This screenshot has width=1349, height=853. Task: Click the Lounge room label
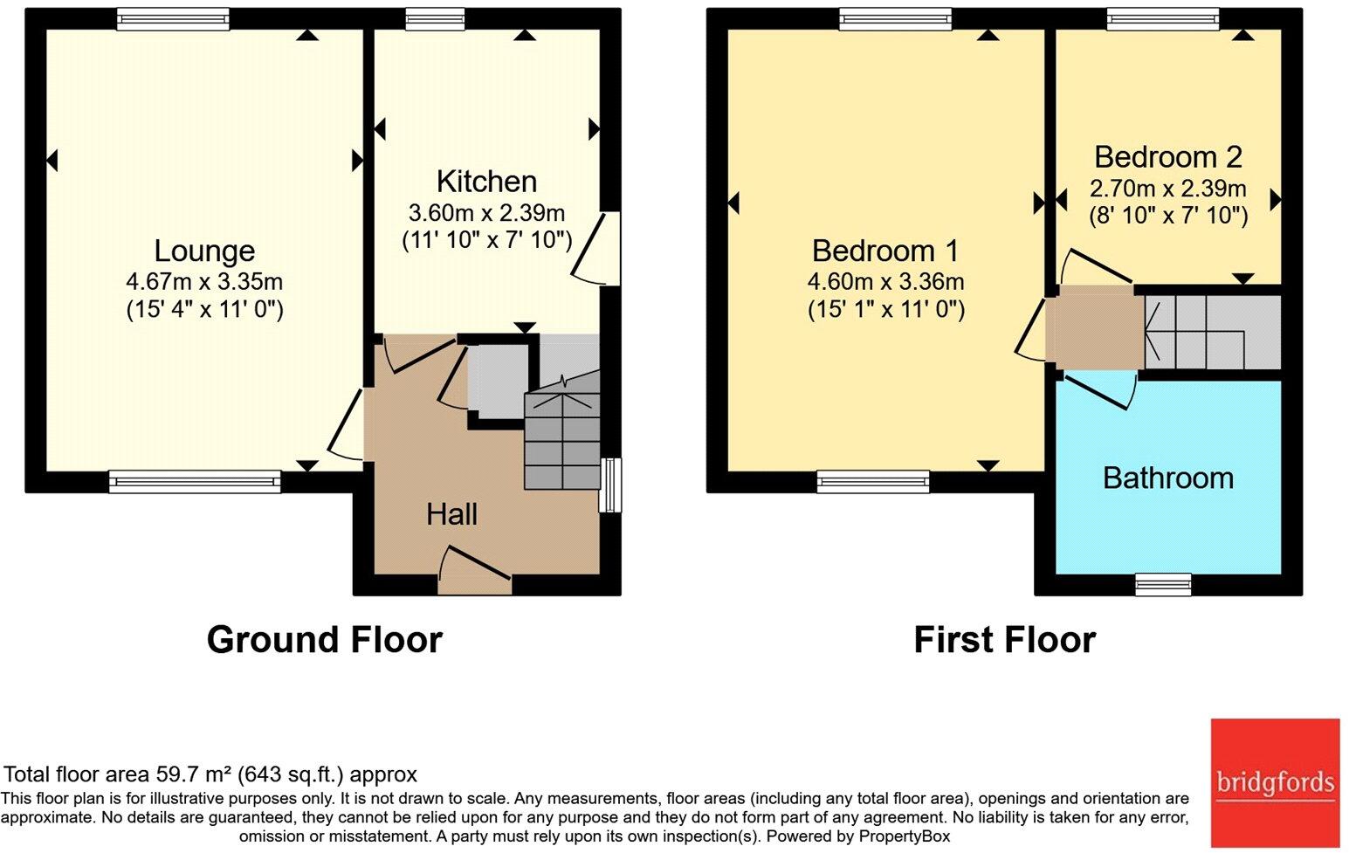(204, 251)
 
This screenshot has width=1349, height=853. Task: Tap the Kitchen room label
(486, 182)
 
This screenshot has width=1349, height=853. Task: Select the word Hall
(451, 514)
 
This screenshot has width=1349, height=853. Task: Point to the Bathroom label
(1168, 478)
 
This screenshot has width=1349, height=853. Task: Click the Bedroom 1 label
(884, 251)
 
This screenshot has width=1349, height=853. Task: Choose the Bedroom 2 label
(1168, 157)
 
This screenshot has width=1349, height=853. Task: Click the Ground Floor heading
(325, 640)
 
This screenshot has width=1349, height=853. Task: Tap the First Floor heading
(1004, 640)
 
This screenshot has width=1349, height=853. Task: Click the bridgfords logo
(1276, 783)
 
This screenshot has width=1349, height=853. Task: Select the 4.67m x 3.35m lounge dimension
(204, 281)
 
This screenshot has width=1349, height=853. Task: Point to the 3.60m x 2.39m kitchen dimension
(486, 213)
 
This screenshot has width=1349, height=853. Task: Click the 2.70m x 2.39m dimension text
(1167, 189)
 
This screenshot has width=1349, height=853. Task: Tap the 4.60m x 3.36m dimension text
(886, 281)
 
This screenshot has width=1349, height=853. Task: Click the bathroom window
(1163, 584)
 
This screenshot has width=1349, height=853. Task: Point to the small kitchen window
(435, 18)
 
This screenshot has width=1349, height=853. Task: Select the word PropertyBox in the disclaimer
(904, 836)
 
